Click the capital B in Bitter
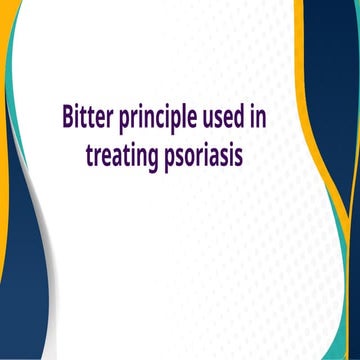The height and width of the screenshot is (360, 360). tap(67, 117)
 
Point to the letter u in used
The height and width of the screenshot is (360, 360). tap(218, 119)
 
